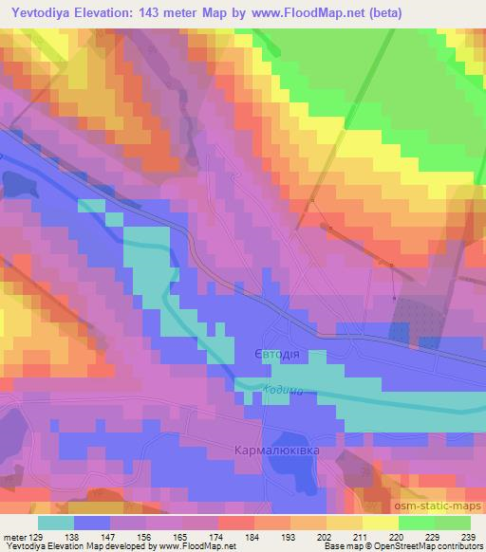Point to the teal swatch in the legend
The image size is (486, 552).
tap(56, 522)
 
